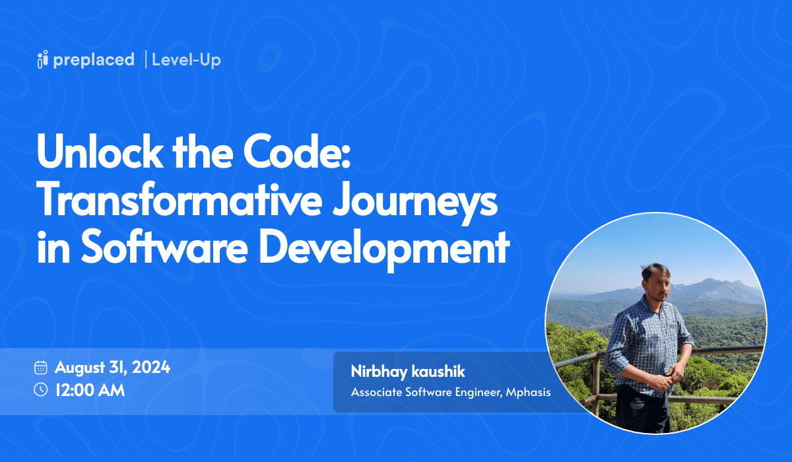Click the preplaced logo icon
point(42,59)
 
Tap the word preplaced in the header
point(94,60)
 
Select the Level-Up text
point(186,60)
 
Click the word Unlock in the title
point(100,152)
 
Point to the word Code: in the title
point(297,152)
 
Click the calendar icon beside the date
point(41,368)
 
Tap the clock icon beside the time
point(41,390)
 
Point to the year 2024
point(151,367)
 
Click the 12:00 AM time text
point(90,390)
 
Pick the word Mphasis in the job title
point(528,393)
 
